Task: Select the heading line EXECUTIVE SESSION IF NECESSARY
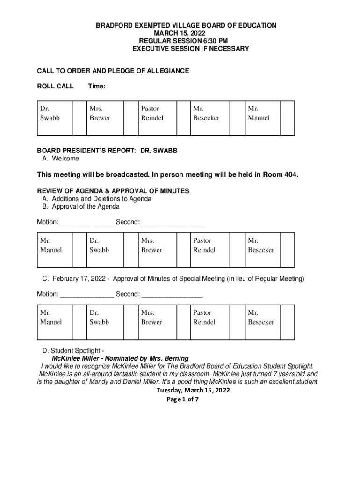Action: tap(191, 49)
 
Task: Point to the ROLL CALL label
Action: tap(55, 87)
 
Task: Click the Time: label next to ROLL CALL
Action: tap(96, 87)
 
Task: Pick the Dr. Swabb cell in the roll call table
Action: tap(50, 113)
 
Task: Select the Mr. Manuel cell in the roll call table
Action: tap(259, 113)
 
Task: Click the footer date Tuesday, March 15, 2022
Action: tap(193, 391)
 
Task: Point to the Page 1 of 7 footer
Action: tap(183, 399)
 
